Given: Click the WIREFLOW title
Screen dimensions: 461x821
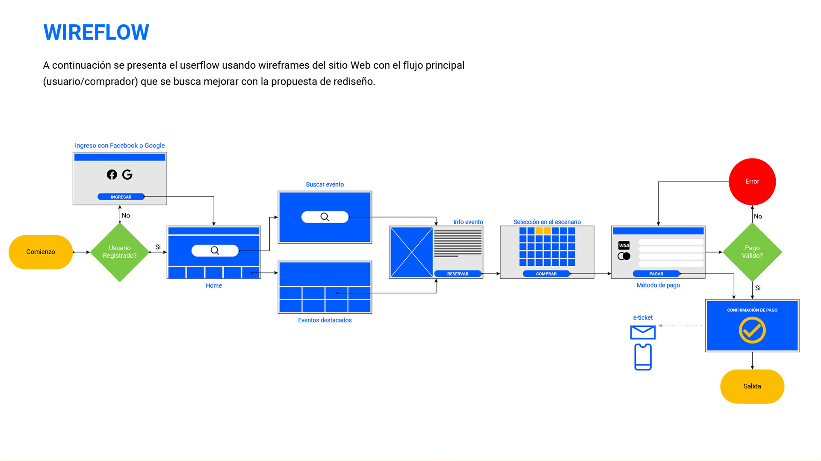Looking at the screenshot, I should (96, 32).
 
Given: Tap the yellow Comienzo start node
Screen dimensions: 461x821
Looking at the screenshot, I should (41, 252).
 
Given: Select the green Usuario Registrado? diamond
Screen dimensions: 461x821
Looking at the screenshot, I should (120, 252).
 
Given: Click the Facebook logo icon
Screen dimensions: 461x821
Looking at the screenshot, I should (112, 174).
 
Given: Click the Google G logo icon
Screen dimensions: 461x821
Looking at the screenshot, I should (127, 174).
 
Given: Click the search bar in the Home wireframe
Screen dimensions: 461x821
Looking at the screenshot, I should (215, 251).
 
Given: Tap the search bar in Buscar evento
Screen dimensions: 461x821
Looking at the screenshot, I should (325, 217).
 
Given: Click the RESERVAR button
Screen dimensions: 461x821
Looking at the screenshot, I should (458, 274).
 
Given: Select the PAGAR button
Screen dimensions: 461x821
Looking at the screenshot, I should (656, 274).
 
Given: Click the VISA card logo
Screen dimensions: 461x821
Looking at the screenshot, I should (624, 245).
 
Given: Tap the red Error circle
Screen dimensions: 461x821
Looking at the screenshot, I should (752, 182).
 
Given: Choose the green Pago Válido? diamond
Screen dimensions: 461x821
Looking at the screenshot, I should (752, 252).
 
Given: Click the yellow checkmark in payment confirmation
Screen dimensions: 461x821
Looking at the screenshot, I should (752, 330).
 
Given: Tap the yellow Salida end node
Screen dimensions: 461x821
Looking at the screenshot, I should (752, 386).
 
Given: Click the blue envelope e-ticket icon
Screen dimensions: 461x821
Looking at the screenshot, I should (643, 332).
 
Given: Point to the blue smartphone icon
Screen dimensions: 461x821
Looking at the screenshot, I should (643, 357).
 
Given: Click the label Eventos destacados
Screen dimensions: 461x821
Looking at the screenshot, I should (325, 320).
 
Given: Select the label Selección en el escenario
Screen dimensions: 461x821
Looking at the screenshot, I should (547, 222).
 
